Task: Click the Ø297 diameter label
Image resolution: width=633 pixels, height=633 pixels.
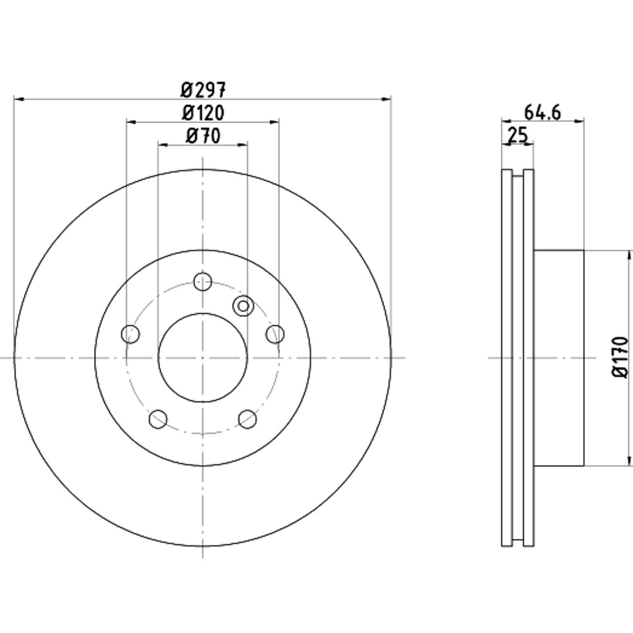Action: (x=203, y=90)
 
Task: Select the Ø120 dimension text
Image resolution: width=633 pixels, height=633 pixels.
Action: (x=203, y=113)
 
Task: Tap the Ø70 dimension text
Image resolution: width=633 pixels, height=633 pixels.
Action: (x=203, y=136)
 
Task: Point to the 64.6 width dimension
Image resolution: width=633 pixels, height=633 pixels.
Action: (x=542, y=113)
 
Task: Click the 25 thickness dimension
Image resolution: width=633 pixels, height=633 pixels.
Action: (x=518, y=135)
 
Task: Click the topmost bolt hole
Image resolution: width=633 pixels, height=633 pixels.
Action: (x=203, y=281)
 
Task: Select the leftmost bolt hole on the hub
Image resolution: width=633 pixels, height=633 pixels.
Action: (x=130, y=334)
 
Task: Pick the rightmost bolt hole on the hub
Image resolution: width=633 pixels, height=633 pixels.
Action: (x=275, y=334)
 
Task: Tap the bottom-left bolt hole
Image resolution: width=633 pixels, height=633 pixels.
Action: (x=158, y=419)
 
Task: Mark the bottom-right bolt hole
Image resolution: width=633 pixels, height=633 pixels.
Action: (x=247, y=419)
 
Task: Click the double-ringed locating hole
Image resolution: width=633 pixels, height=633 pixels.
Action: (x=243, y=306)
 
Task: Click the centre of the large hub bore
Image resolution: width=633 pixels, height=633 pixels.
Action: (x=203, y=358)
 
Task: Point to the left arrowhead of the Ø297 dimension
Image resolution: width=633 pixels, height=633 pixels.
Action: (x=19, y=98)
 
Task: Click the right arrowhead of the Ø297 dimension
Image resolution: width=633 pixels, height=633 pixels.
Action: (x=386, y=98)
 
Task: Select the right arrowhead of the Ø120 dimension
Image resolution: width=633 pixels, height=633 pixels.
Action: (x=274, y=121)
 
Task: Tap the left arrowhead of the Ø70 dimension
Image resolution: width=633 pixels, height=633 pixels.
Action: (x=163, y=145)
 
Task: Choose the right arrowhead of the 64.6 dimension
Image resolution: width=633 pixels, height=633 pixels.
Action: (x=579, y=120)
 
